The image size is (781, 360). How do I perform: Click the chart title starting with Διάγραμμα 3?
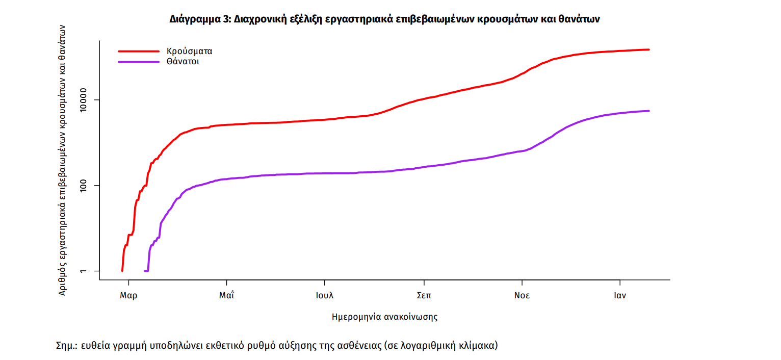coord(385,19)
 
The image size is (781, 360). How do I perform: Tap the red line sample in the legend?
coord(139,51)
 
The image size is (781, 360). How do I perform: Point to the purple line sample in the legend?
coord(139,62)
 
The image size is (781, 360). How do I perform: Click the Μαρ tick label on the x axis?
coord(128,296)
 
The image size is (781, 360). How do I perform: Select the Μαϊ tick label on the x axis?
coord(226,296)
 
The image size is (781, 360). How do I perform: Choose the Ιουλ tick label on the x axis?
coord(324,296)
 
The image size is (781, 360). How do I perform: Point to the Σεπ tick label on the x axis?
coord(423,296)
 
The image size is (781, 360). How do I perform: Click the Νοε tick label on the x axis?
coord(522,296)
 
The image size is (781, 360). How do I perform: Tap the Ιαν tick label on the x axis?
coord(620,296)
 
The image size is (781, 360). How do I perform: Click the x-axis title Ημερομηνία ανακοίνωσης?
coord(384,317)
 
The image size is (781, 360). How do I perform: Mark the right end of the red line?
coord(648,49)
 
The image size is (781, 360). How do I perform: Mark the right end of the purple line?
coord(648,111)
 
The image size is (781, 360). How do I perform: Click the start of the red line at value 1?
coord(122,271)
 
